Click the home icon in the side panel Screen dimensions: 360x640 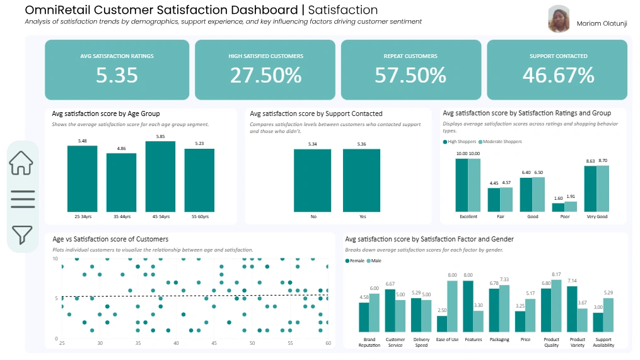[21, 163]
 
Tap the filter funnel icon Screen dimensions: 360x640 [21, 234]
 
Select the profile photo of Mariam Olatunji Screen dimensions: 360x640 [559, 20]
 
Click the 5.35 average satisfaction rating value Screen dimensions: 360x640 [117, 75]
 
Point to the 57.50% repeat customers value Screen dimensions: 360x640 [410, 75]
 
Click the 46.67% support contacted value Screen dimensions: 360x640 [557, 75]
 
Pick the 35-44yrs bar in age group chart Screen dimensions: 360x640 [121, 182]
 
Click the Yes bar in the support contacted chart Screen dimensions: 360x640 [361, 180]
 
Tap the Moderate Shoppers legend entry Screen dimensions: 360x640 [502, 142]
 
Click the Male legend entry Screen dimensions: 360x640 [375, 260]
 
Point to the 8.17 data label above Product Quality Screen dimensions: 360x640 [556, 275]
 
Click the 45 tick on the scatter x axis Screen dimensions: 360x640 [214, 343]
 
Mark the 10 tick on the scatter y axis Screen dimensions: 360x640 [55, 259]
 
